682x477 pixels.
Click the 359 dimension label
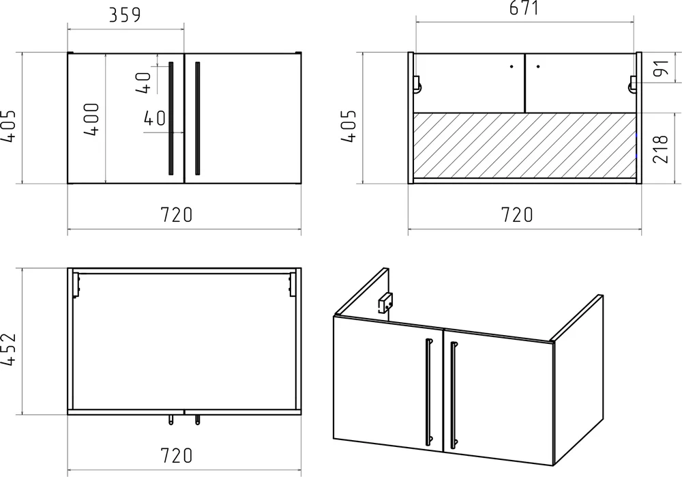tap(125, 15)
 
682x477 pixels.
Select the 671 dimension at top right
tap(524, 8)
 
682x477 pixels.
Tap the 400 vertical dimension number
tap(92, 119)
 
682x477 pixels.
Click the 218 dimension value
tap(660, 149)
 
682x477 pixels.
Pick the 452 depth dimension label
tap(8, 349)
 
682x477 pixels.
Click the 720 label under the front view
tap(176, 214)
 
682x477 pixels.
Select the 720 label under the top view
tap(176, 456)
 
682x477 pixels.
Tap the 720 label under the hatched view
tap(517, 214)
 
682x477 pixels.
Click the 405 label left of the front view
tap(8, 126)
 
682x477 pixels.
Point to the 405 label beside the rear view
tap(349, 126)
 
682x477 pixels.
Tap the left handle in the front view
tap(171, 118)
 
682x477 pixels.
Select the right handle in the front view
tap(198, 118)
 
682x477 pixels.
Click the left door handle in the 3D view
tap(429, 392)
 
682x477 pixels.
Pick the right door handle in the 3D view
tap(454, 395)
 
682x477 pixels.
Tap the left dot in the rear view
tap(512, 67)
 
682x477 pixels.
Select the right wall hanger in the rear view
tap(633, 84)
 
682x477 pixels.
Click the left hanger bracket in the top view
tap(76, 285)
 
